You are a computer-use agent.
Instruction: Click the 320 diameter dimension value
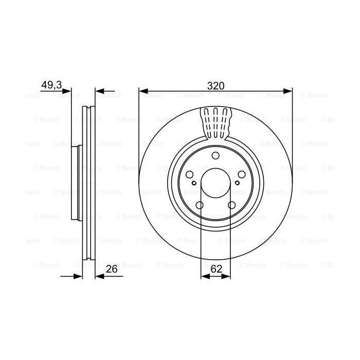click(x=215, y=86)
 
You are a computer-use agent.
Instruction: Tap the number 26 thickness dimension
click(x=111, y=268)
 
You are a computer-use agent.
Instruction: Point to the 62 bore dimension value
click(x=215, y=268)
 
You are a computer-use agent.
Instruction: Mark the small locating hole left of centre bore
click(x=193, y=183)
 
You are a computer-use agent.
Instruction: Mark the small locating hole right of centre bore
click(x=238, y=183)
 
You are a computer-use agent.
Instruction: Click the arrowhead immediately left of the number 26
click(x=99, y=276)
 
